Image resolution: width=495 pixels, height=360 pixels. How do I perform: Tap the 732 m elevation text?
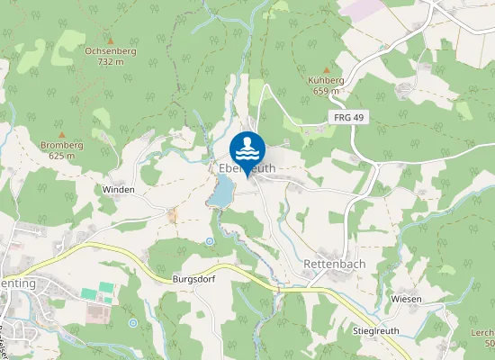pyautogui.click(x=109, y=61)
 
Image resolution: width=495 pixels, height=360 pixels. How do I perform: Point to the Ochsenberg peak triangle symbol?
pyautogui.click(x=110, y=40)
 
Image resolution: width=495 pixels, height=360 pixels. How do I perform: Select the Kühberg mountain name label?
pyautogui.click(x=326, y=80)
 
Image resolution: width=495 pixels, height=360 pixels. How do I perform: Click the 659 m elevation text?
pyautogui.click(x=326, y=90)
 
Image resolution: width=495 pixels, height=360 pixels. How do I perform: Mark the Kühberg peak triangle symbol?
pyautogui.click(x=326, y=69)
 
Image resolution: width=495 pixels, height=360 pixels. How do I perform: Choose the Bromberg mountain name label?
pyautogui.click(x=61, y=145)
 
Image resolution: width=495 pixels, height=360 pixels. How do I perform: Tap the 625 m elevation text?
pyautogui.click(x=61, y=155)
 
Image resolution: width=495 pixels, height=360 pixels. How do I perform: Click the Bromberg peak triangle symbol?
pyautogui.click(x=62, y=134)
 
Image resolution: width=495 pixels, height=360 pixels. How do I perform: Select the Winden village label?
pyautogui.click(x=119, y=190)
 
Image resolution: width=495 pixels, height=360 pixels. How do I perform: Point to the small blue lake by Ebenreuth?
pyautogui.click(x=221, y=190)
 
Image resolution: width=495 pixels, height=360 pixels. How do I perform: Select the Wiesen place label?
pyautogui.click(x=407, y=298)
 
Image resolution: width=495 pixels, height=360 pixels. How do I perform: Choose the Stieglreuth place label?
pyautogui.click(x=377, y=331)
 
